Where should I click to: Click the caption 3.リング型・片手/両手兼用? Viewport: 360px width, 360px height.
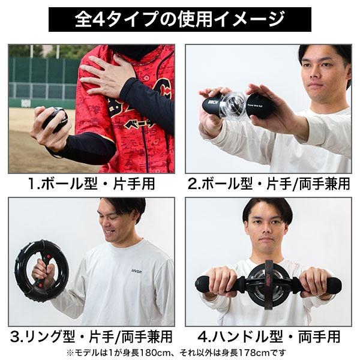[x=91, y=335]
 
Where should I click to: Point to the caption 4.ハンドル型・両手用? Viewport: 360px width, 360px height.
[x=268, y=335]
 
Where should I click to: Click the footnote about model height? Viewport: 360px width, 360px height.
[x=180, y=352]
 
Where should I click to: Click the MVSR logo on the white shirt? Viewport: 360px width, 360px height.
[x=136, y=271]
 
